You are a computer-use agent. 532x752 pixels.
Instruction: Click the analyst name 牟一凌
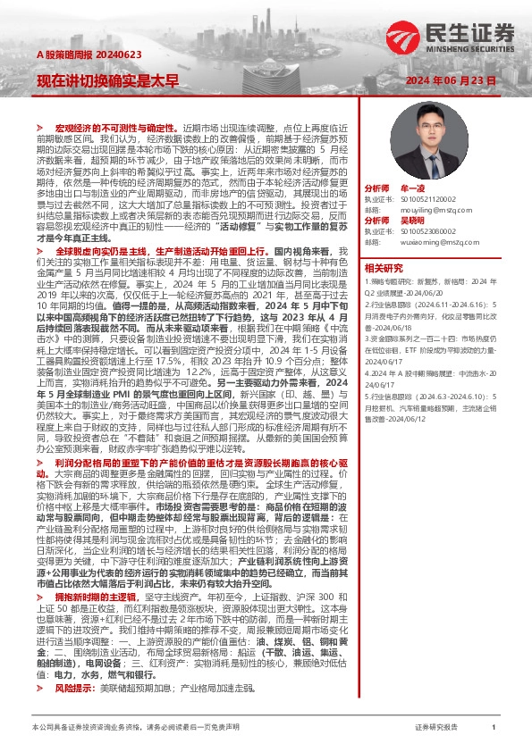click(x=412, y=189)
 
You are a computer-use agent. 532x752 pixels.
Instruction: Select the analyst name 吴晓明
click(x=412, y=220)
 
